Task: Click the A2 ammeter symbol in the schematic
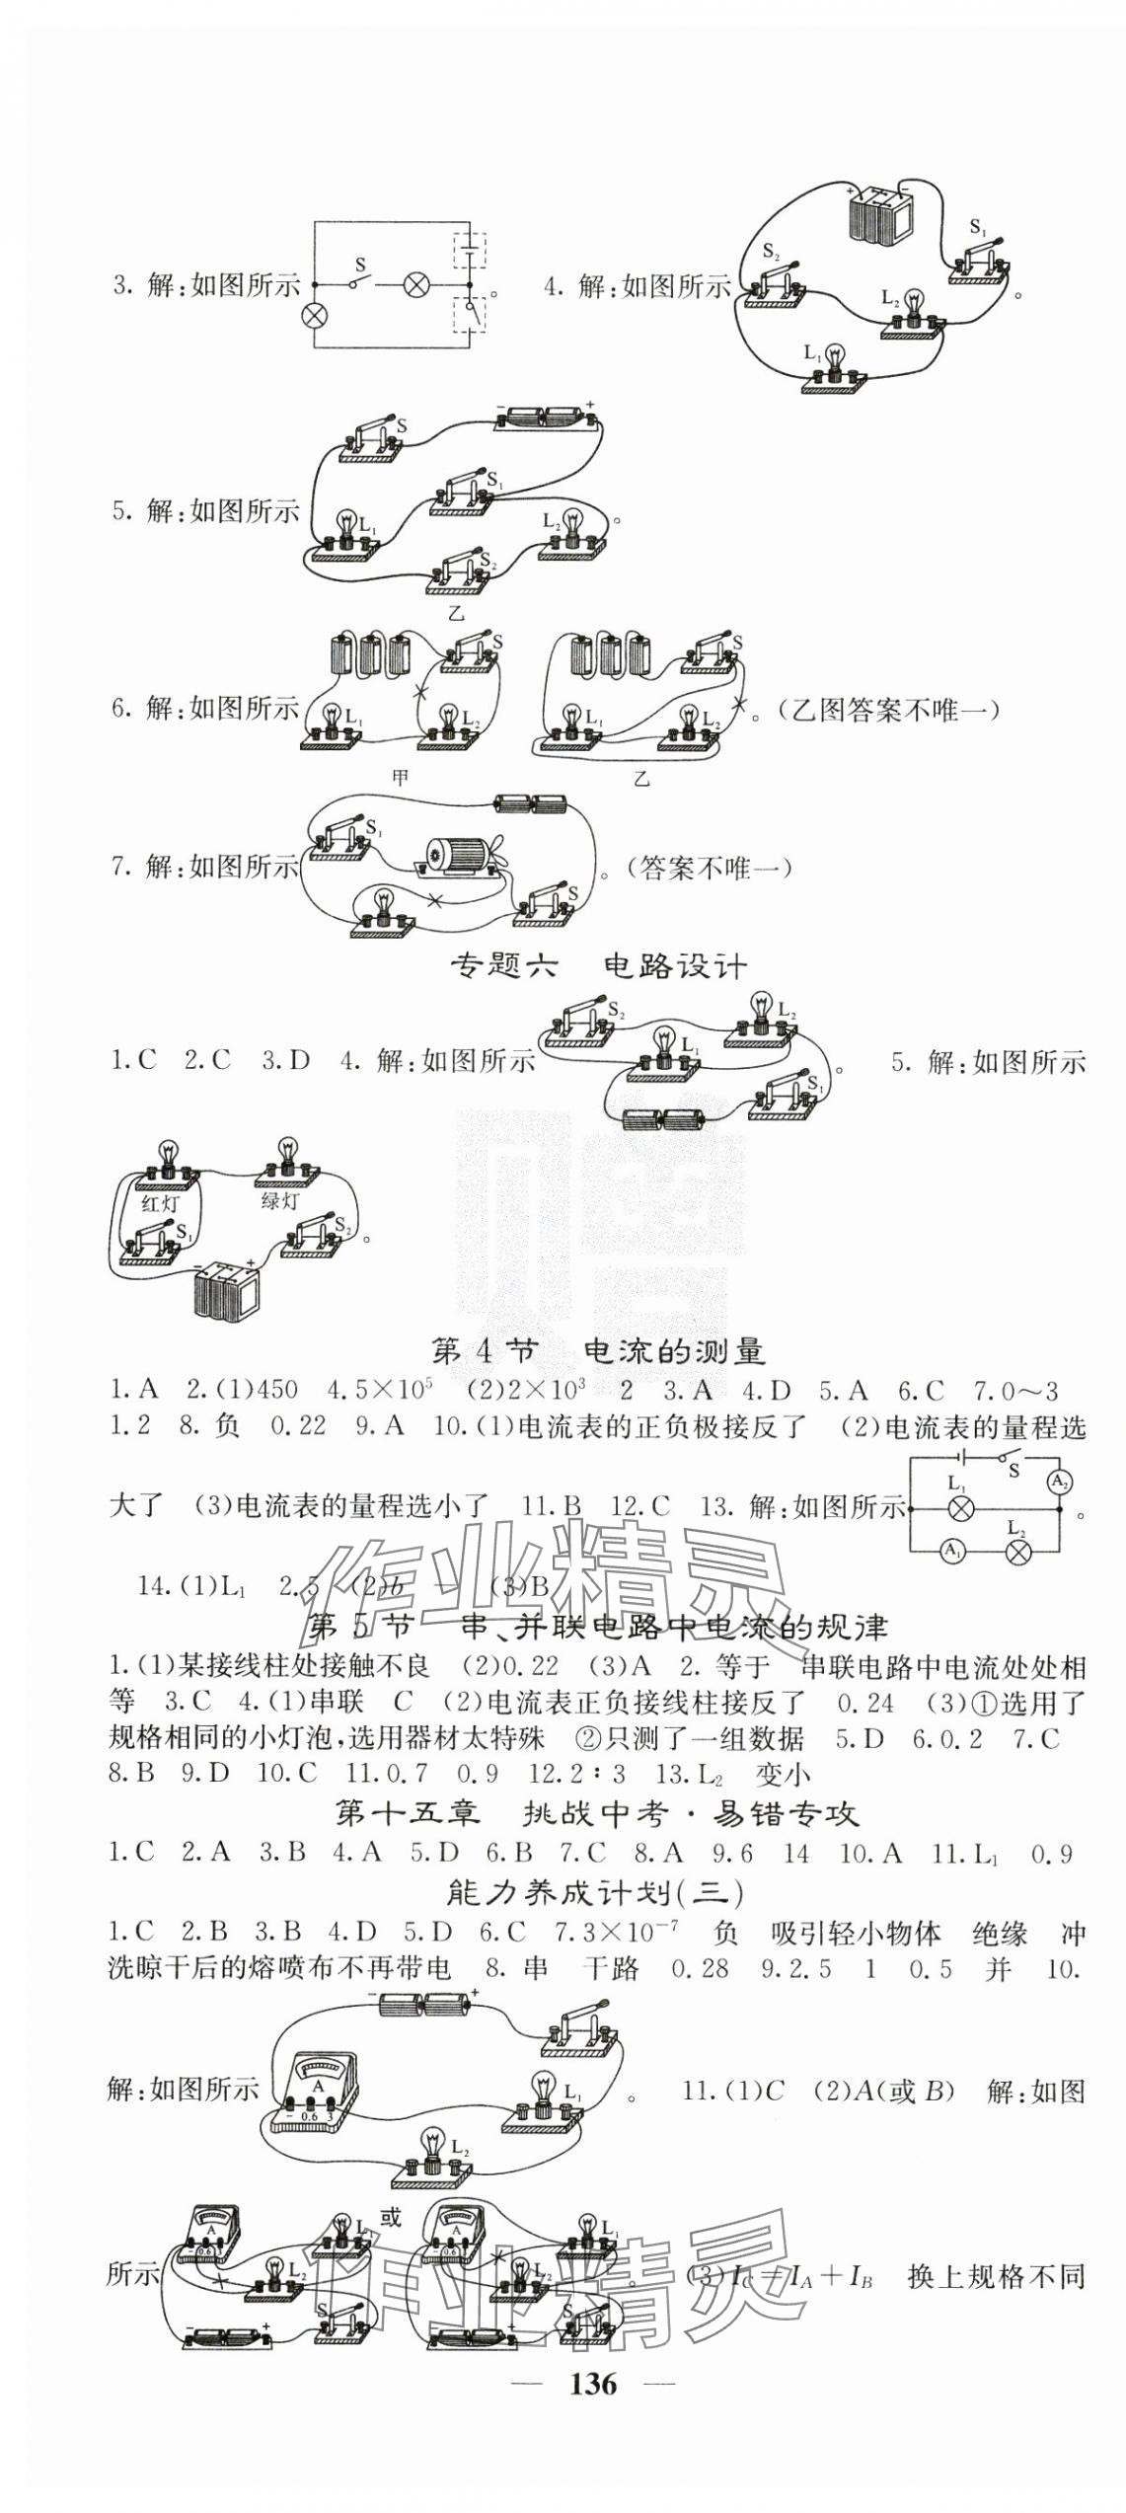1059,1482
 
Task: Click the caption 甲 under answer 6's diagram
401,778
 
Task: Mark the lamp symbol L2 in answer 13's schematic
1017,1552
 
